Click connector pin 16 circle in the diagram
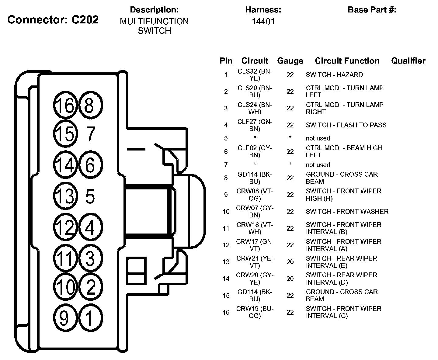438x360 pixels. [65, 105]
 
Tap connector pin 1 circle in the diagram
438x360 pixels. [90, 318]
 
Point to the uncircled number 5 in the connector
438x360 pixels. [90, 196]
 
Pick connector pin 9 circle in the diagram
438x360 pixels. [64, 318]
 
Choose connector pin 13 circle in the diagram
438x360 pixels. [65, 196]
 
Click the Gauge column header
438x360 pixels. [290, 61]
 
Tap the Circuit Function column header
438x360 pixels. [347, 61]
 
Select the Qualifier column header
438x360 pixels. [408, 61]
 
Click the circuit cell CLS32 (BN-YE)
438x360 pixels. [255, 75]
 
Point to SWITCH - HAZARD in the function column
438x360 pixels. [334, 75]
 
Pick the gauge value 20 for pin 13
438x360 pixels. [290, 262]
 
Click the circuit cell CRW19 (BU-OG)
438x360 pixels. [255, 312]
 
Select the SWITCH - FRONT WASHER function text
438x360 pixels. [347, 212]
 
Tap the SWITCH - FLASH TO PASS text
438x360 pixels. [346, 125]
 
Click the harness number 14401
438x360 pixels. [263, 22]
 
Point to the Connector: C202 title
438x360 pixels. [53, 20]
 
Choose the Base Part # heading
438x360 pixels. [372, 10]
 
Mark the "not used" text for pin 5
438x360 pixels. [318, 138]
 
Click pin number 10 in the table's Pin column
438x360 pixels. [226, 212]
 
